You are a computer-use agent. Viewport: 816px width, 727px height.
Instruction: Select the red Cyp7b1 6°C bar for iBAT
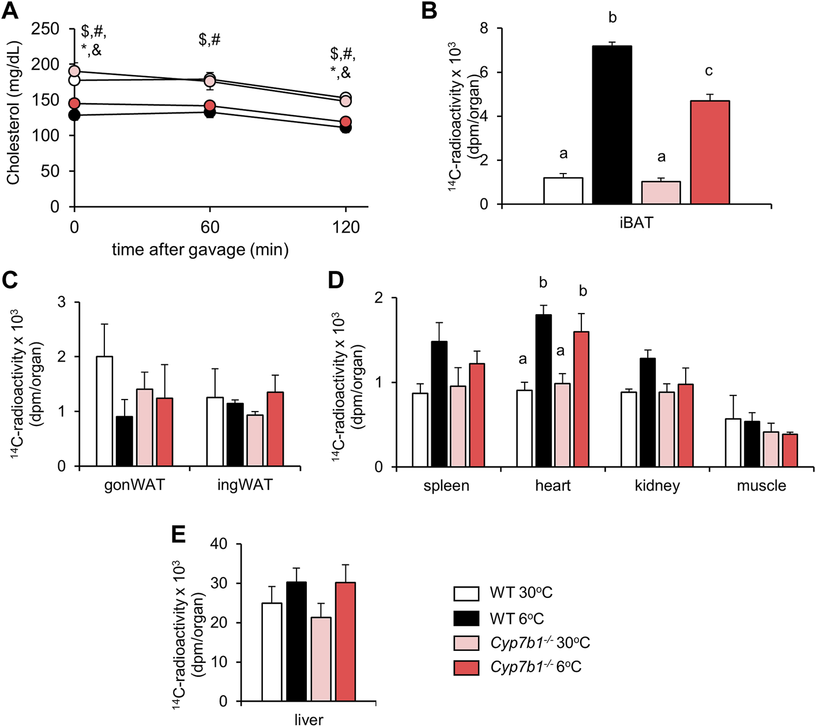[x=709, y=153]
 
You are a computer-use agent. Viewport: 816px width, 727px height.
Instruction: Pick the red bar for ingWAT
[x=275, y=429]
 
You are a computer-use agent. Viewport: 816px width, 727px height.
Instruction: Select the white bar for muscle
[x=732, y=443]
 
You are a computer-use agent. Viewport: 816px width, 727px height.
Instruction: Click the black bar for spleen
[x=439, y=404]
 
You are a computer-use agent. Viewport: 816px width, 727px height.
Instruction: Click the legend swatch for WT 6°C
[x=466, y=619]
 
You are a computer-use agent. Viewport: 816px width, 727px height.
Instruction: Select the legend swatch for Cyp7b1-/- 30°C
[x=466, y=643]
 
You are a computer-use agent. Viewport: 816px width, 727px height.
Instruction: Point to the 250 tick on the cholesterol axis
[x=46, y=29]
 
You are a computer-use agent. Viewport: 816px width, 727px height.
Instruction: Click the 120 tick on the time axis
[x=346, y=227]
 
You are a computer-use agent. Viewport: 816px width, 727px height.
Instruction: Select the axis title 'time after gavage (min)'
[x=200, y=250]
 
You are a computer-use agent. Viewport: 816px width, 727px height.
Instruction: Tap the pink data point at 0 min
[x=74, y=71]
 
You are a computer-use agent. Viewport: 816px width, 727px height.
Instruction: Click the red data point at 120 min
[x=345, y=122]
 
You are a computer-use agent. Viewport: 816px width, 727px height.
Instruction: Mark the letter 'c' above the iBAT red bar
[x=709, y=71]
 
